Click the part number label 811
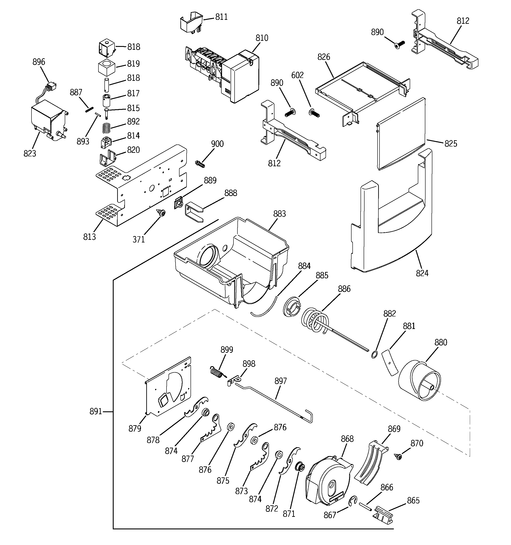pyautogui.click(x=221, y=17)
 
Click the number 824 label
pyautogui.click(x=422, y=273)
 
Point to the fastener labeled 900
pyautogui.click(x=200, y=164)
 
